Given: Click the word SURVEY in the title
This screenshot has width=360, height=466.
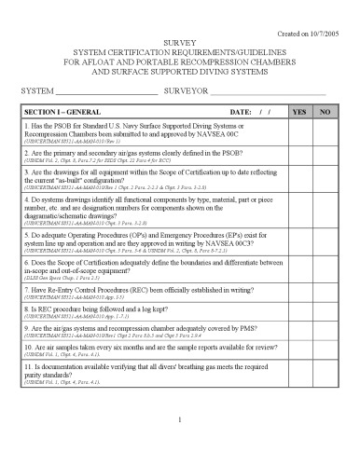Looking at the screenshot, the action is coord(180,43).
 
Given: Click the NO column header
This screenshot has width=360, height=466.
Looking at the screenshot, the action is coord(325,112).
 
